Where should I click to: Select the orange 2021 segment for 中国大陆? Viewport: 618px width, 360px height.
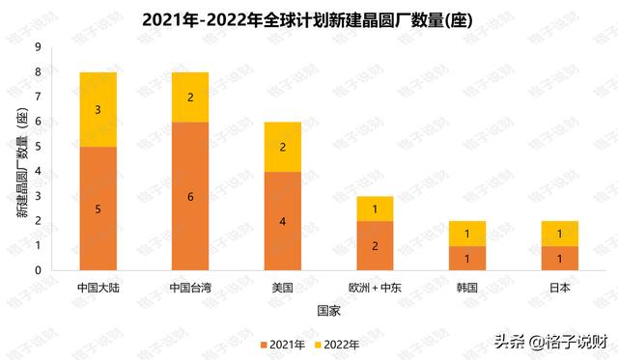coord(98,208)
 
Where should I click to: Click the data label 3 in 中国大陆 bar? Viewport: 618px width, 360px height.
coord(98,110)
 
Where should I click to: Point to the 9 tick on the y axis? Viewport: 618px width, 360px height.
coord(38,47)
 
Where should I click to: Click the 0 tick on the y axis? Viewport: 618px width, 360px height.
coord(38,270)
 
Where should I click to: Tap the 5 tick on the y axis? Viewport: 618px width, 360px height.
coord(38,147)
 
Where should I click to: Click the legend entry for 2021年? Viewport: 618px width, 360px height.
coord(284,344)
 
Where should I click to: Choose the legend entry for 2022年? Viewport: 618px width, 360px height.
coord(338,344)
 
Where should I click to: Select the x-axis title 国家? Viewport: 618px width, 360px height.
coord(328,311)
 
